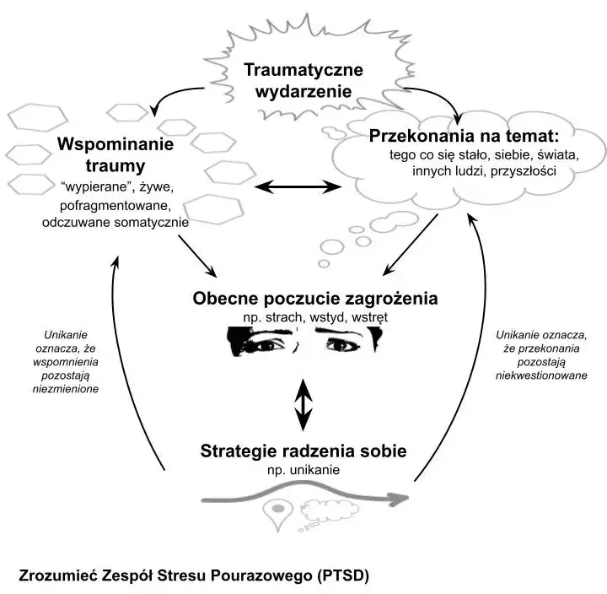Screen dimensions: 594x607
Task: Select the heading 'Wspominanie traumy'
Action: tap(115, 154)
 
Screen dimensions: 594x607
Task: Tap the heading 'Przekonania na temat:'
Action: tap(465, 136)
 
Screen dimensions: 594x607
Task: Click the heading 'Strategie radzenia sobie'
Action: tap(303, 451)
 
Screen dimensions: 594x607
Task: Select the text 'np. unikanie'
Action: tap(303, 470)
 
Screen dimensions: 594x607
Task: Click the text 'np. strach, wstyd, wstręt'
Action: tap(303, 316)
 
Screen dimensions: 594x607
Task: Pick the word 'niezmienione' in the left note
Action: tap(63, 389)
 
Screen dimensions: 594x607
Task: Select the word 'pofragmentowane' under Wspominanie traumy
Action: tap(115, 205)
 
